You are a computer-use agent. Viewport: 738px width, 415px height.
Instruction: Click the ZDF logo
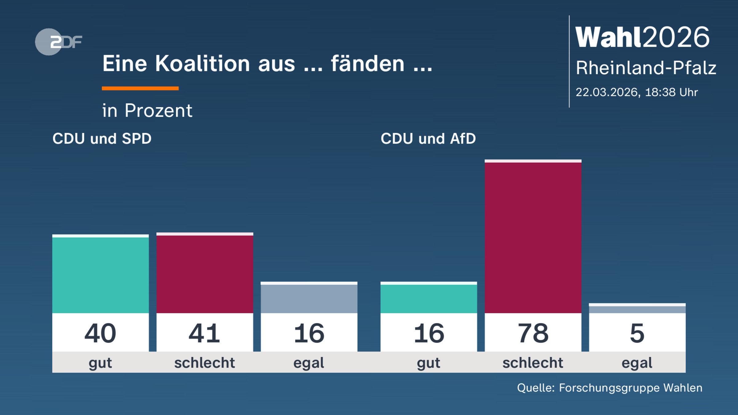[58, 42]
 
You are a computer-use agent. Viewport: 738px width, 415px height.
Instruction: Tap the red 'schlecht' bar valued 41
[204, 274]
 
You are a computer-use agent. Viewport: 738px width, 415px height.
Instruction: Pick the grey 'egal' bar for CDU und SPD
[309, 298]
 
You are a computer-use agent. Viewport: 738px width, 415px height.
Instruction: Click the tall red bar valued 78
[533, 237]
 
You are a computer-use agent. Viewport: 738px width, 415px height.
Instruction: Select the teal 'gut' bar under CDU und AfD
[428, 298]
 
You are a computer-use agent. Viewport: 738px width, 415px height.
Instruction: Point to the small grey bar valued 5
[637, 309]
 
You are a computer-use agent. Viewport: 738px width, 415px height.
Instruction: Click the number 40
[100, 333]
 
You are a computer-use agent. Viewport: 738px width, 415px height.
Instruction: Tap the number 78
[533, 333]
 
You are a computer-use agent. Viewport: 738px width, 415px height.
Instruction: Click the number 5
[637, 333]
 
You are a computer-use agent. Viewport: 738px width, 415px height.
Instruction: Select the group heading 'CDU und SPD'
[102, 139]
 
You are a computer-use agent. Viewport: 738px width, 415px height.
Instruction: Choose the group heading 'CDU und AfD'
[428, 139]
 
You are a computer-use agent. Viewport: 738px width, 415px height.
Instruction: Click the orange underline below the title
[140, 89]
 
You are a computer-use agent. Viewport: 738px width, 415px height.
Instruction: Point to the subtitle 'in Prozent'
[147, 110]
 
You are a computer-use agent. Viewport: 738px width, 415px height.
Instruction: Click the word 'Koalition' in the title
[202, 64]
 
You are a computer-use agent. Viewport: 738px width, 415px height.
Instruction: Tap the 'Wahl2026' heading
[642, 38]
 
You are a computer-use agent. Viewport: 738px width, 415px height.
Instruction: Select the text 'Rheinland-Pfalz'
[646, 68]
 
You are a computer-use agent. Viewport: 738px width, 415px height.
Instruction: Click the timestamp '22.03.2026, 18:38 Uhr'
[637, 92]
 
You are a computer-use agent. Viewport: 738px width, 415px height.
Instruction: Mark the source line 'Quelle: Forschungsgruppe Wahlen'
[609, 388]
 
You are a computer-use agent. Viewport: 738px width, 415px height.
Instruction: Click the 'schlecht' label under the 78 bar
[533, 363]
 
